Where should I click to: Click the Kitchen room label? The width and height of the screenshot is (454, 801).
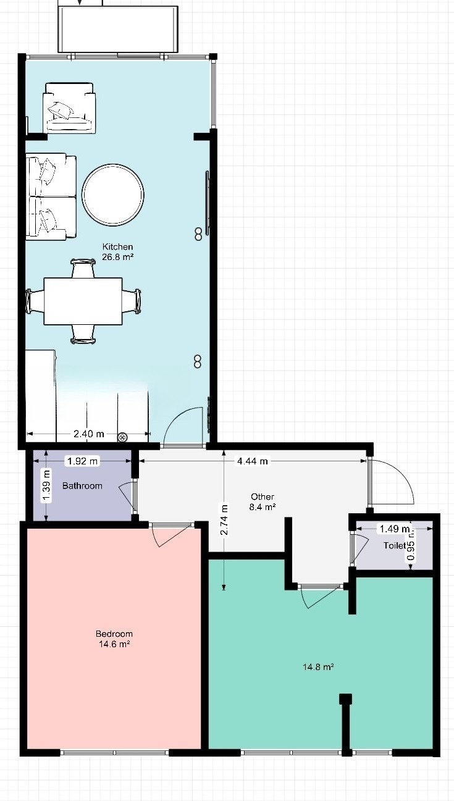click(x=118, y=251)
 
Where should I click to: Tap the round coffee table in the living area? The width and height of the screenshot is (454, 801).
click(x=113, y=194)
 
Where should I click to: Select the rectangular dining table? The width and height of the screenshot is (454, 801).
click(x=83, y=301)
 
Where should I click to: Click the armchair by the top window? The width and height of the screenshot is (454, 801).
click(x=69, y=108)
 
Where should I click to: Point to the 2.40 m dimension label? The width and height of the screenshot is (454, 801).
click(x=89, y=434)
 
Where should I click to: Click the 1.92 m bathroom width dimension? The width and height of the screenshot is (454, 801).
click(x=82, y=461)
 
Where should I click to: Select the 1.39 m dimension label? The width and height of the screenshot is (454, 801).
click(x=46, y=486)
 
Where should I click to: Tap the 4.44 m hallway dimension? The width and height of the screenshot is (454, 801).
click(x=252, y=461)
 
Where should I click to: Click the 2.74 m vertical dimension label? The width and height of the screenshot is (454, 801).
click(x=224, y=519)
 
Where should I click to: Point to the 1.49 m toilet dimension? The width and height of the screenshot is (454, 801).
click(x=395, y=528)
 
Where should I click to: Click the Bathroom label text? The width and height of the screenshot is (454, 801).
click(x=82, y=485)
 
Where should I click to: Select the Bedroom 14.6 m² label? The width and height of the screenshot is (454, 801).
click(x=114, y=639)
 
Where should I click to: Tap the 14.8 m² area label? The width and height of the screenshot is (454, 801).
click(x=318, y=666)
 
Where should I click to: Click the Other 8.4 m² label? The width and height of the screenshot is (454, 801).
click(x=263, y=501)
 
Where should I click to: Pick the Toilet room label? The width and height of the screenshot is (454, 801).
click(x=395, y=545)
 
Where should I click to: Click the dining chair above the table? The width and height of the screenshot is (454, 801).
click(x=83, y=268)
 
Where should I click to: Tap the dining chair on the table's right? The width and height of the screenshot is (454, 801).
click(x=132, y=301)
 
